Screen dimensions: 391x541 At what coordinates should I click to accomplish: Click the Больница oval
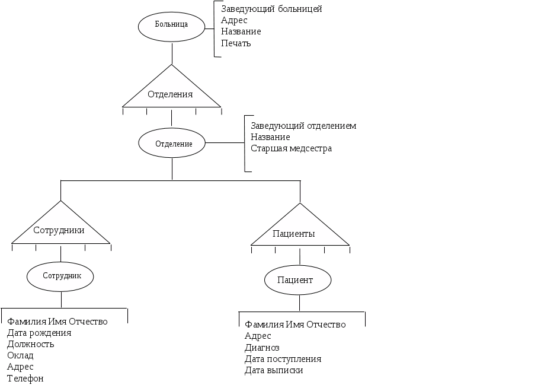tap(171, 25)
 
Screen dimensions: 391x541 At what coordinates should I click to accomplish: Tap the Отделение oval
tap(173, 144)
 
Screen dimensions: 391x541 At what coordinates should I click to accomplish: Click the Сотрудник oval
tap(61, 276)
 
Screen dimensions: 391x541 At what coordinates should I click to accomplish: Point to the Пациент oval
tap(297, 279)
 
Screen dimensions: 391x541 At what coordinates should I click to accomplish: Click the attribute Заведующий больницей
tap(271, 9)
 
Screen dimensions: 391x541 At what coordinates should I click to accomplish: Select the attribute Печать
tap(236, 43)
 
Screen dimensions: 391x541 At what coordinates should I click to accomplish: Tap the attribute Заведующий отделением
tap(303, 126)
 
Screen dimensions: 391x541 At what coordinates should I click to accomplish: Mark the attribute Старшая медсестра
tap(291, 148)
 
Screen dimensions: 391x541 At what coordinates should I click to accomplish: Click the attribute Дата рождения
tap(39, 333)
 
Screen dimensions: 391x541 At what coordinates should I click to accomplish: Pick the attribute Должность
tap(31, 344)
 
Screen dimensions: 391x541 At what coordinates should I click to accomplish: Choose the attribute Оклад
tap(20, 355)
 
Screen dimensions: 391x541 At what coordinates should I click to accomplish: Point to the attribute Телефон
tap(25, 379)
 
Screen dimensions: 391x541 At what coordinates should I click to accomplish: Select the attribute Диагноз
tap(262, 348)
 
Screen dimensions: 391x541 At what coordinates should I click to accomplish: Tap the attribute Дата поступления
tap(283, 359)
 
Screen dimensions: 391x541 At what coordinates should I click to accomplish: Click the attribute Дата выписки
tap(273, 370)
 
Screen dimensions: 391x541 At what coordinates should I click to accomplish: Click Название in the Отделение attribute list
tap(270, 137)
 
